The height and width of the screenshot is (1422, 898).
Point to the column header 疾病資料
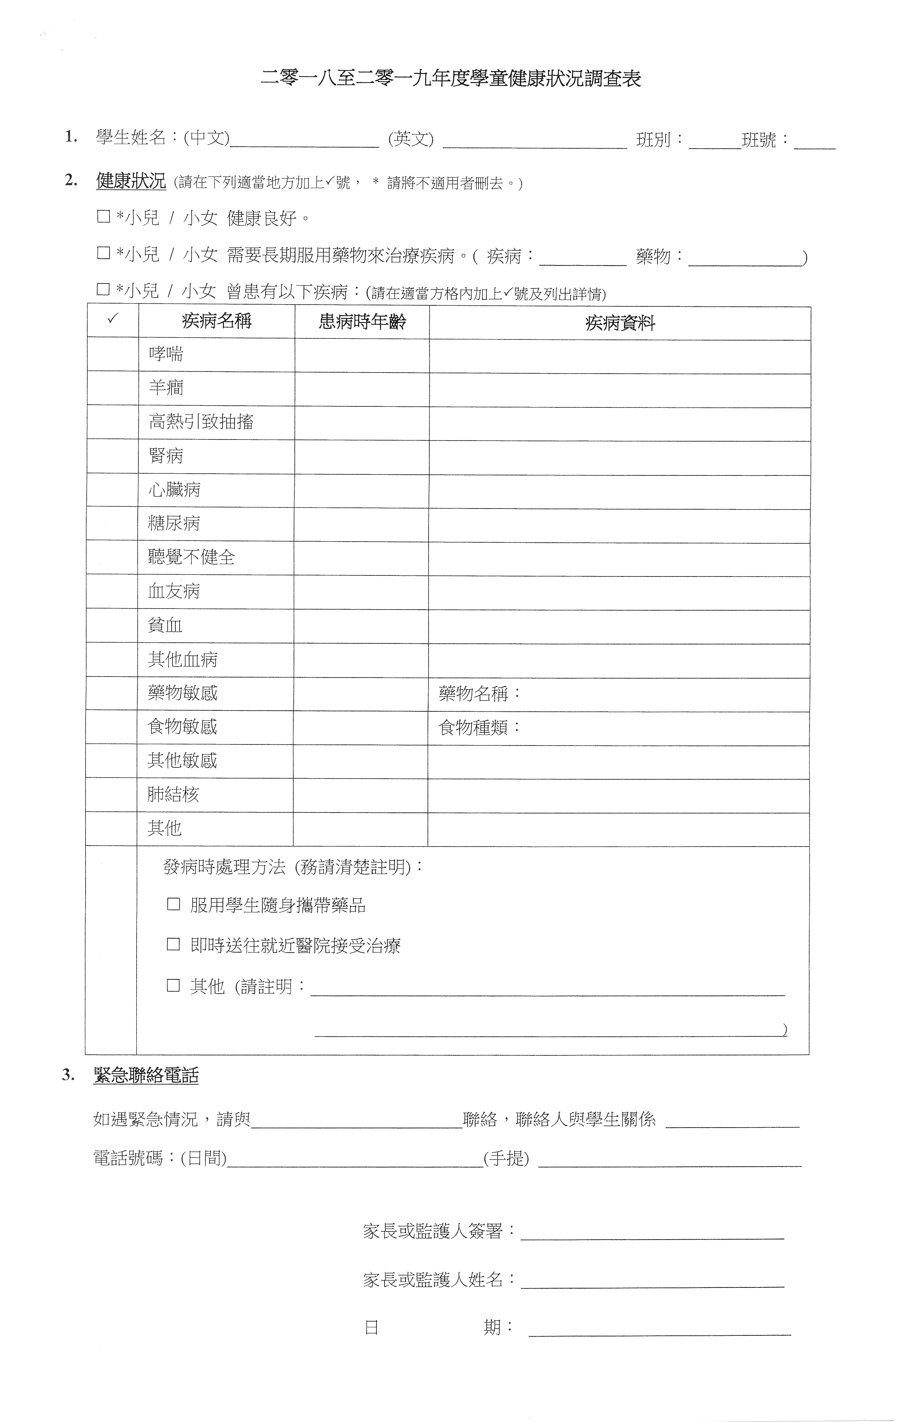[619, 323]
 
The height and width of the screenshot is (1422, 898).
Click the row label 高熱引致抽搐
[201, 422]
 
